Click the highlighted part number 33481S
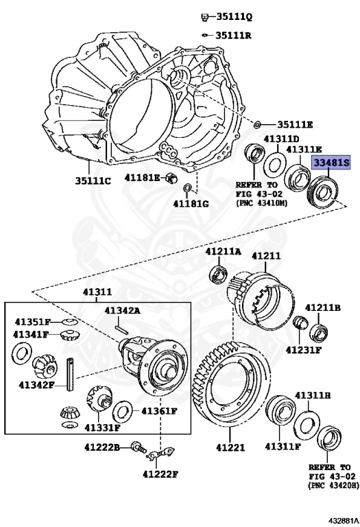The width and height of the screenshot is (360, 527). point(332,163)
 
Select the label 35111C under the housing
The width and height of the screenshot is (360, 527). point(92,181)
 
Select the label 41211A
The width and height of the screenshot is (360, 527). point(224,252)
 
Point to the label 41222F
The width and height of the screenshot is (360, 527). point(160,473)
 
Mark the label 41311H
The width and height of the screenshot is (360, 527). point(313,396)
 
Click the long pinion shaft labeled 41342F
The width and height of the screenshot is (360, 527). point(69,375)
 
